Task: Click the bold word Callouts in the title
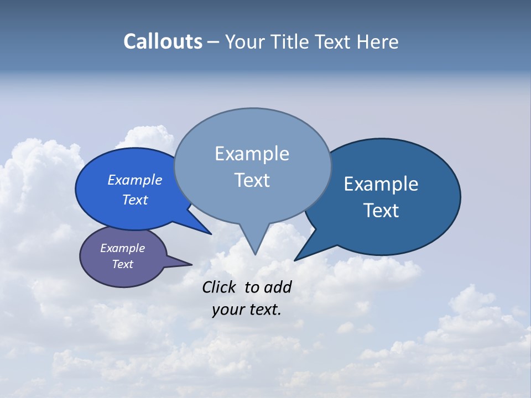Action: (x=163, y=41)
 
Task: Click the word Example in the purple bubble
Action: (x=122, y=248)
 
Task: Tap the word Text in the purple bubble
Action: (x=122, y=264)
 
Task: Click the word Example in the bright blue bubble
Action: (x=134, y=180)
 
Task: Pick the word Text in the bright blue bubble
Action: (x=134, y=200)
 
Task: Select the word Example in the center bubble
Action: (x=252, y=154)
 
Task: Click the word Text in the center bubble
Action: (x=252, y=180)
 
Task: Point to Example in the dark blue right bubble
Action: (x=381, y=184)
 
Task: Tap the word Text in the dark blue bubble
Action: (x=381, y=211)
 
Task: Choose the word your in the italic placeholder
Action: (x=227, y=310)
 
